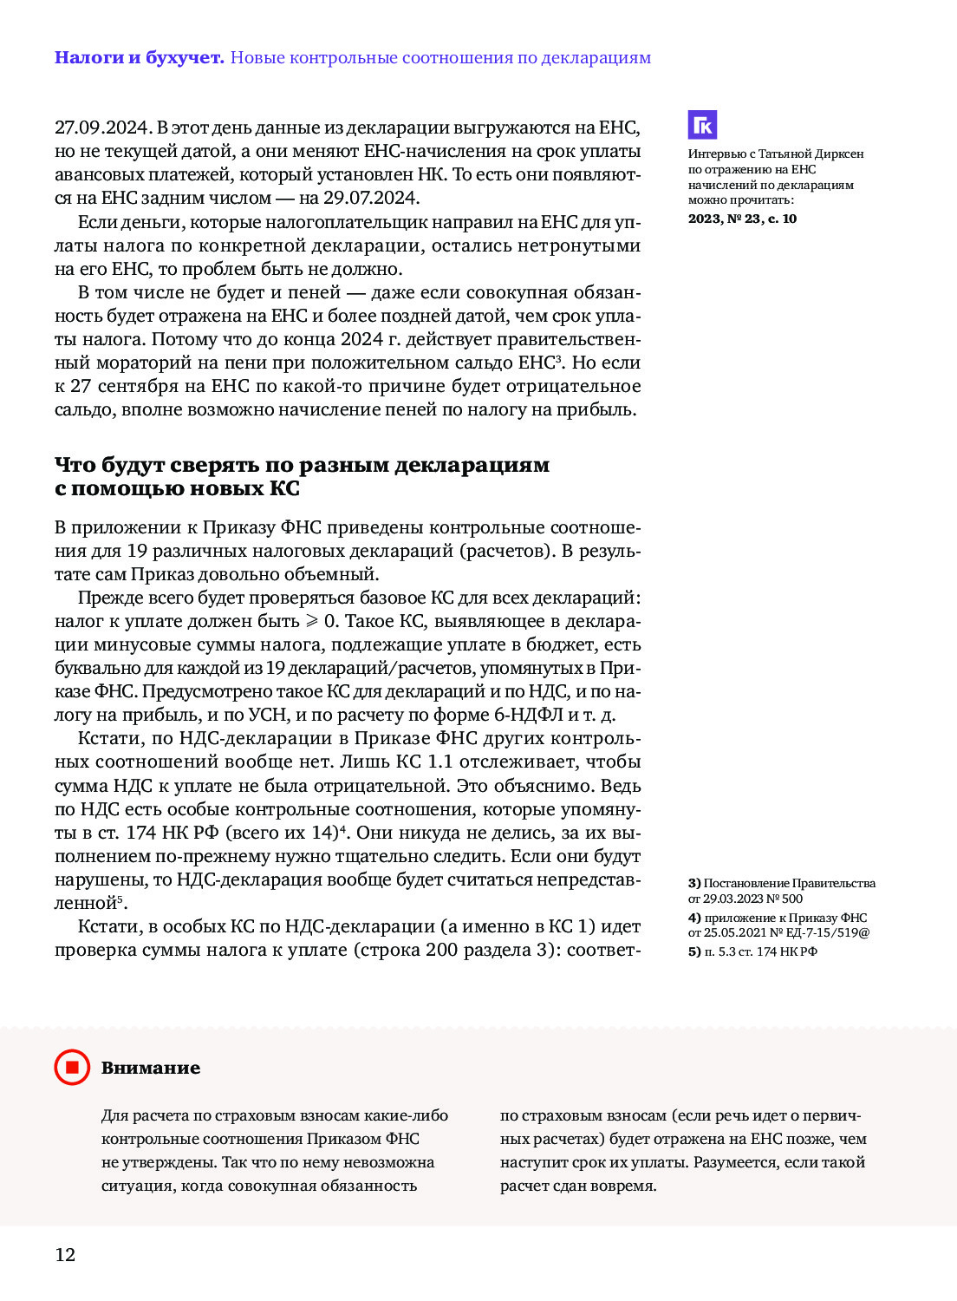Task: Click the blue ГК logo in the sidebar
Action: click(703, 125)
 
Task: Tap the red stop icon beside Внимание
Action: click(72, 1067)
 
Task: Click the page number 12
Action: click(65, 1254)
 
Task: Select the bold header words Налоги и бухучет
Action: click(140, 58)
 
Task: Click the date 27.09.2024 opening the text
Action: click(102, 127)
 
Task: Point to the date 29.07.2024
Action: click(370, 198)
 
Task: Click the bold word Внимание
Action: click(151, 1068)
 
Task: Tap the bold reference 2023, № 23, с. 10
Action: click(742, 219)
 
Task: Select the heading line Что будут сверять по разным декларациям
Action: click(302, 465)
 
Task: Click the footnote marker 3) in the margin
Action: click(694, 883)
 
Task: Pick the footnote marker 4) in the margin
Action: click(694, 918)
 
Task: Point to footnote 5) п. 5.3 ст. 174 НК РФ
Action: click(752, 951)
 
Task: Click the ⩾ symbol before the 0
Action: click(312, 622)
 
